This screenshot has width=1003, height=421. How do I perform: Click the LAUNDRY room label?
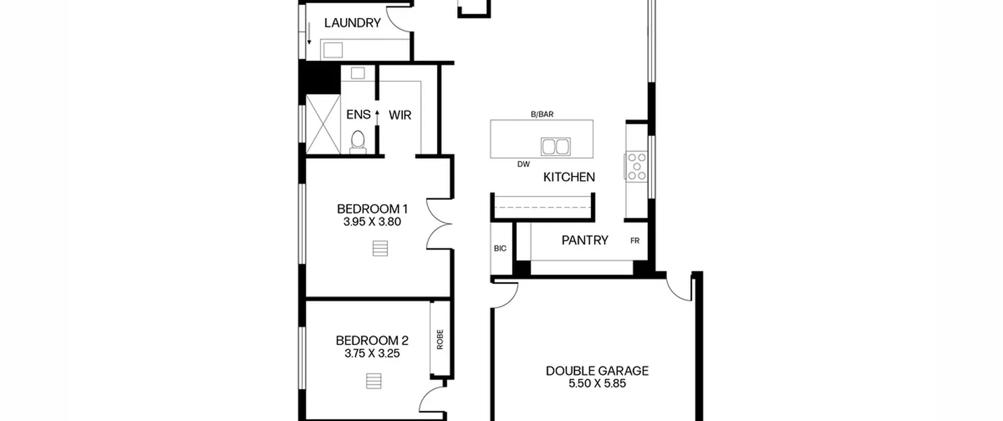[352, 23]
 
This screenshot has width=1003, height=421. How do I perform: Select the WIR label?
[400, 115]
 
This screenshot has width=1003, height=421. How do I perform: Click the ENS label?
[358, 115]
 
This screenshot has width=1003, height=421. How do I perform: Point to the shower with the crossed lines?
[323, 124]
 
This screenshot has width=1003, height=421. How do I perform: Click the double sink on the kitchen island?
[556, 147]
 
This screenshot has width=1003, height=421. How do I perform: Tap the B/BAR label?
[542, 114]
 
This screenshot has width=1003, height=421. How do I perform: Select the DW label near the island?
[523, 164]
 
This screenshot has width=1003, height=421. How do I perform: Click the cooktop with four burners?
[636, 166]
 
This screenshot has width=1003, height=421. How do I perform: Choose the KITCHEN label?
[569, 177]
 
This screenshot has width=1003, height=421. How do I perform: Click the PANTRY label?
[585, 240]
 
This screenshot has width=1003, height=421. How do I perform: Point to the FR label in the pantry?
[635, 241]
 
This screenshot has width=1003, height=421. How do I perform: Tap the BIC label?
[500, 248]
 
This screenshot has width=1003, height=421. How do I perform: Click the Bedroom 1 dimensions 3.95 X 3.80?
[372, 222]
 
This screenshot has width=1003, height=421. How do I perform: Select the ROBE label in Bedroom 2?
[440, 339]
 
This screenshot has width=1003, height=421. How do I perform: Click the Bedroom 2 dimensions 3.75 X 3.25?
[372, 353]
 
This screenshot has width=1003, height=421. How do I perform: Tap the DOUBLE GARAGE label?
[597, 371]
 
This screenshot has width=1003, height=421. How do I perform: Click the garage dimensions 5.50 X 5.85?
[597, 383]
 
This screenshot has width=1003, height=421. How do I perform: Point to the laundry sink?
[333, 50]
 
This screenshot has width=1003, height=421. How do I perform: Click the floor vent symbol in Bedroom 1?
[380, 248]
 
